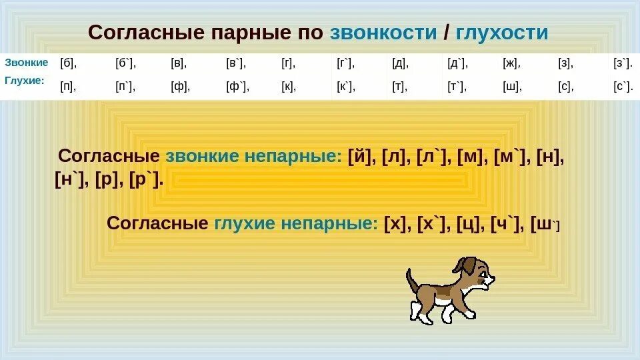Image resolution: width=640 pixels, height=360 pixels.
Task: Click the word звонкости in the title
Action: coord(383,32)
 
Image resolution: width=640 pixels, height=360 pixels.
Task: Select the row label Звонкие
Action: coord(27,63)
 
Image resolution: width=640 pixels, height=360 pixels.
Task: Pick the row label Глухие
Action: coord(25,80)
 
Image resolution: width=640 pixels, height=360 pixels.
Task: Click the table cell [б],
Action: coord(69,64)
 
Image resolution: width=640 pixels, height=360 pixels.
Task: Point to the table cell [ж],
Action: coord(512,64)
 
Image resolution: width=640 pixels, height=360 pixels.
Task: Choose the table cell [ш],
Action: coord(512,87)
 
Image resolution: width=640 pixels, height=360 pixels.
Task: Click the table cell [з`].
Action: coord(622,64)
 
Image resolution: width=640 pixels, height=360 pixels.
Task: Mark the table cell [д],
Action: coord(401,64)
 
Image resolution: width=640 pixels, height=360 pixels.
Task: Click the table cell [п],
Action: coord(69,87)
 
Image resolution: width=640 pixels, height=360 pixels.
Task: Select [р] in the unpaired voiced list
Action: coord(107,180)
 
